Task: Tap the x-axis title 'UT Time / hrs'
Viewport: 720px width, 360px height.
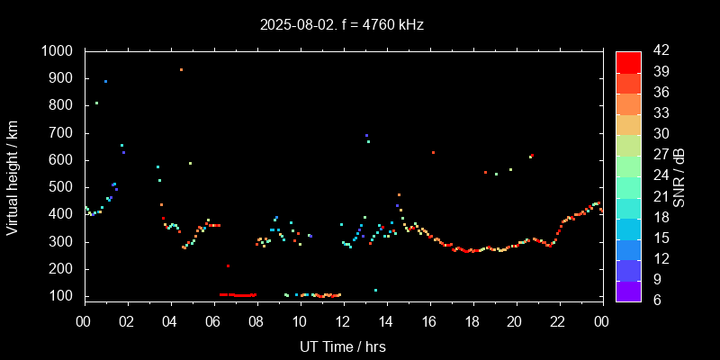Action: point(343,346)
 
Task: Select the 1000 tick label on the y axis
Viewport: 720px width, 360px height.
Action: point(59,51)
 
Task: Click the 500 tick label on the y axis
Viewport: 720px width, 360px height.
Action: point(64,187)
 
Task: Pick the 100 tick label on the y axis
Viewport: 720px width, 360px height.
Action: point(64,296)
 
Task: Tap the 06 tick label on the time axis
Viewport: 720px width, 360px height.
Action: point(213,322)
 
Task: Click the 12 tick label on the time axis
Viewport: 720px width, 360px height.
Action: point(343,322)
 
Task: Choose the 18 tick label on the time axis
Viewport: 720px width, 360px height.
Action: point(472,322)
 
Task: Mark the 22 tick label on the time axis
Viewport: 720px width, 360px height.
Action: point(558,322)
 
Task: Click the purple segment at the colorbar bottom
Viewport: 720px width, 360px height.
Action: point(628,290)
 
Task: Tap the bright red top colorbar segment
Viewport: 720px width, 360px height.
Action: point(628,61)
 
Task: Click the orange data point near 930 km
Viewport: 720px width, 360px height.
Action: point(181,69)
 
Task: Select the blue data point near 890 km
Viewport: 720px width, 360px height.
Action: point(105,81)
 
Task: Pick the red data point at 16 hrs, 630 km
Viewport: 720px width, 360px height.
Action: point(433,152)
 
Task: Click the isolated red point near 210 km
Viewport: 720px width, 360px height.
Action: point(228,265)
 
